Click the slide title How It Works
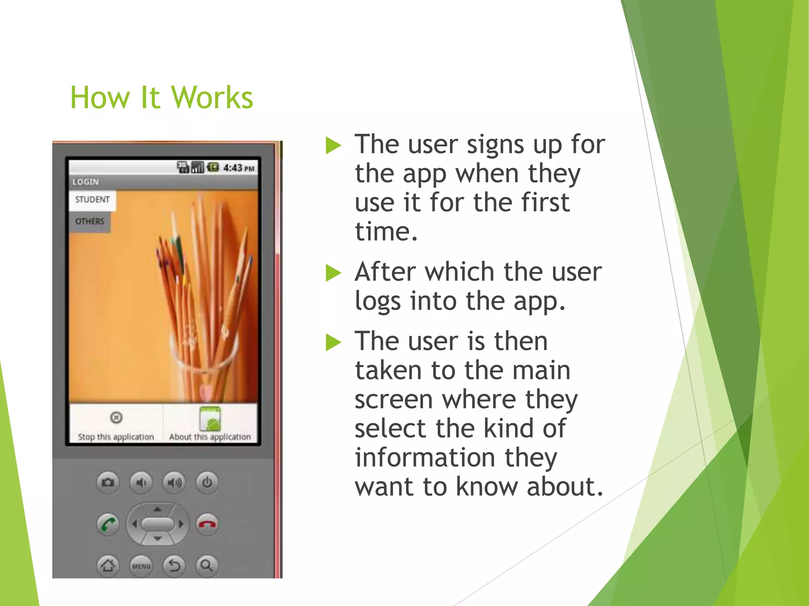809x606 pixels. tap(161, 98)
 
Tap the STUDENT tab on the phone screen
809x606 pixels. tap(92, 200)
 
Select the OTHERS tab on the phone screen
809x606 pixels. tap(90, 221)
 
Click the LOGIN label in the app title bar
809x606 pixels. tap(86, 182)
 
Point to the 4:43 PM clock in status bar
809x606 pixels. tap(238, 168)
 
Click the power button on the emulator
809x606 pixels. tap(207, 482)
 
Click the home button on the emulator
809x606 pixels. tap(108, 566)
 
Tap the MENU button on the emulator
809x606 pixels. tap(141, 566)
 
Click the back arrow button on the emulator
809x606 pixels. tap(174, 566)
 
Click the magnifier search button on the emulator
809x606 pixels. tap(207, 566)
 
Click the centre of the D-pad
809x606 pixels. tap(158, 524)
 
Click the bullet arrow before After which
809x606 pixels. tap(333, 273)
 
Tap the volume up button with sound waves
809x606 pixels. tap(174, 482)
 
